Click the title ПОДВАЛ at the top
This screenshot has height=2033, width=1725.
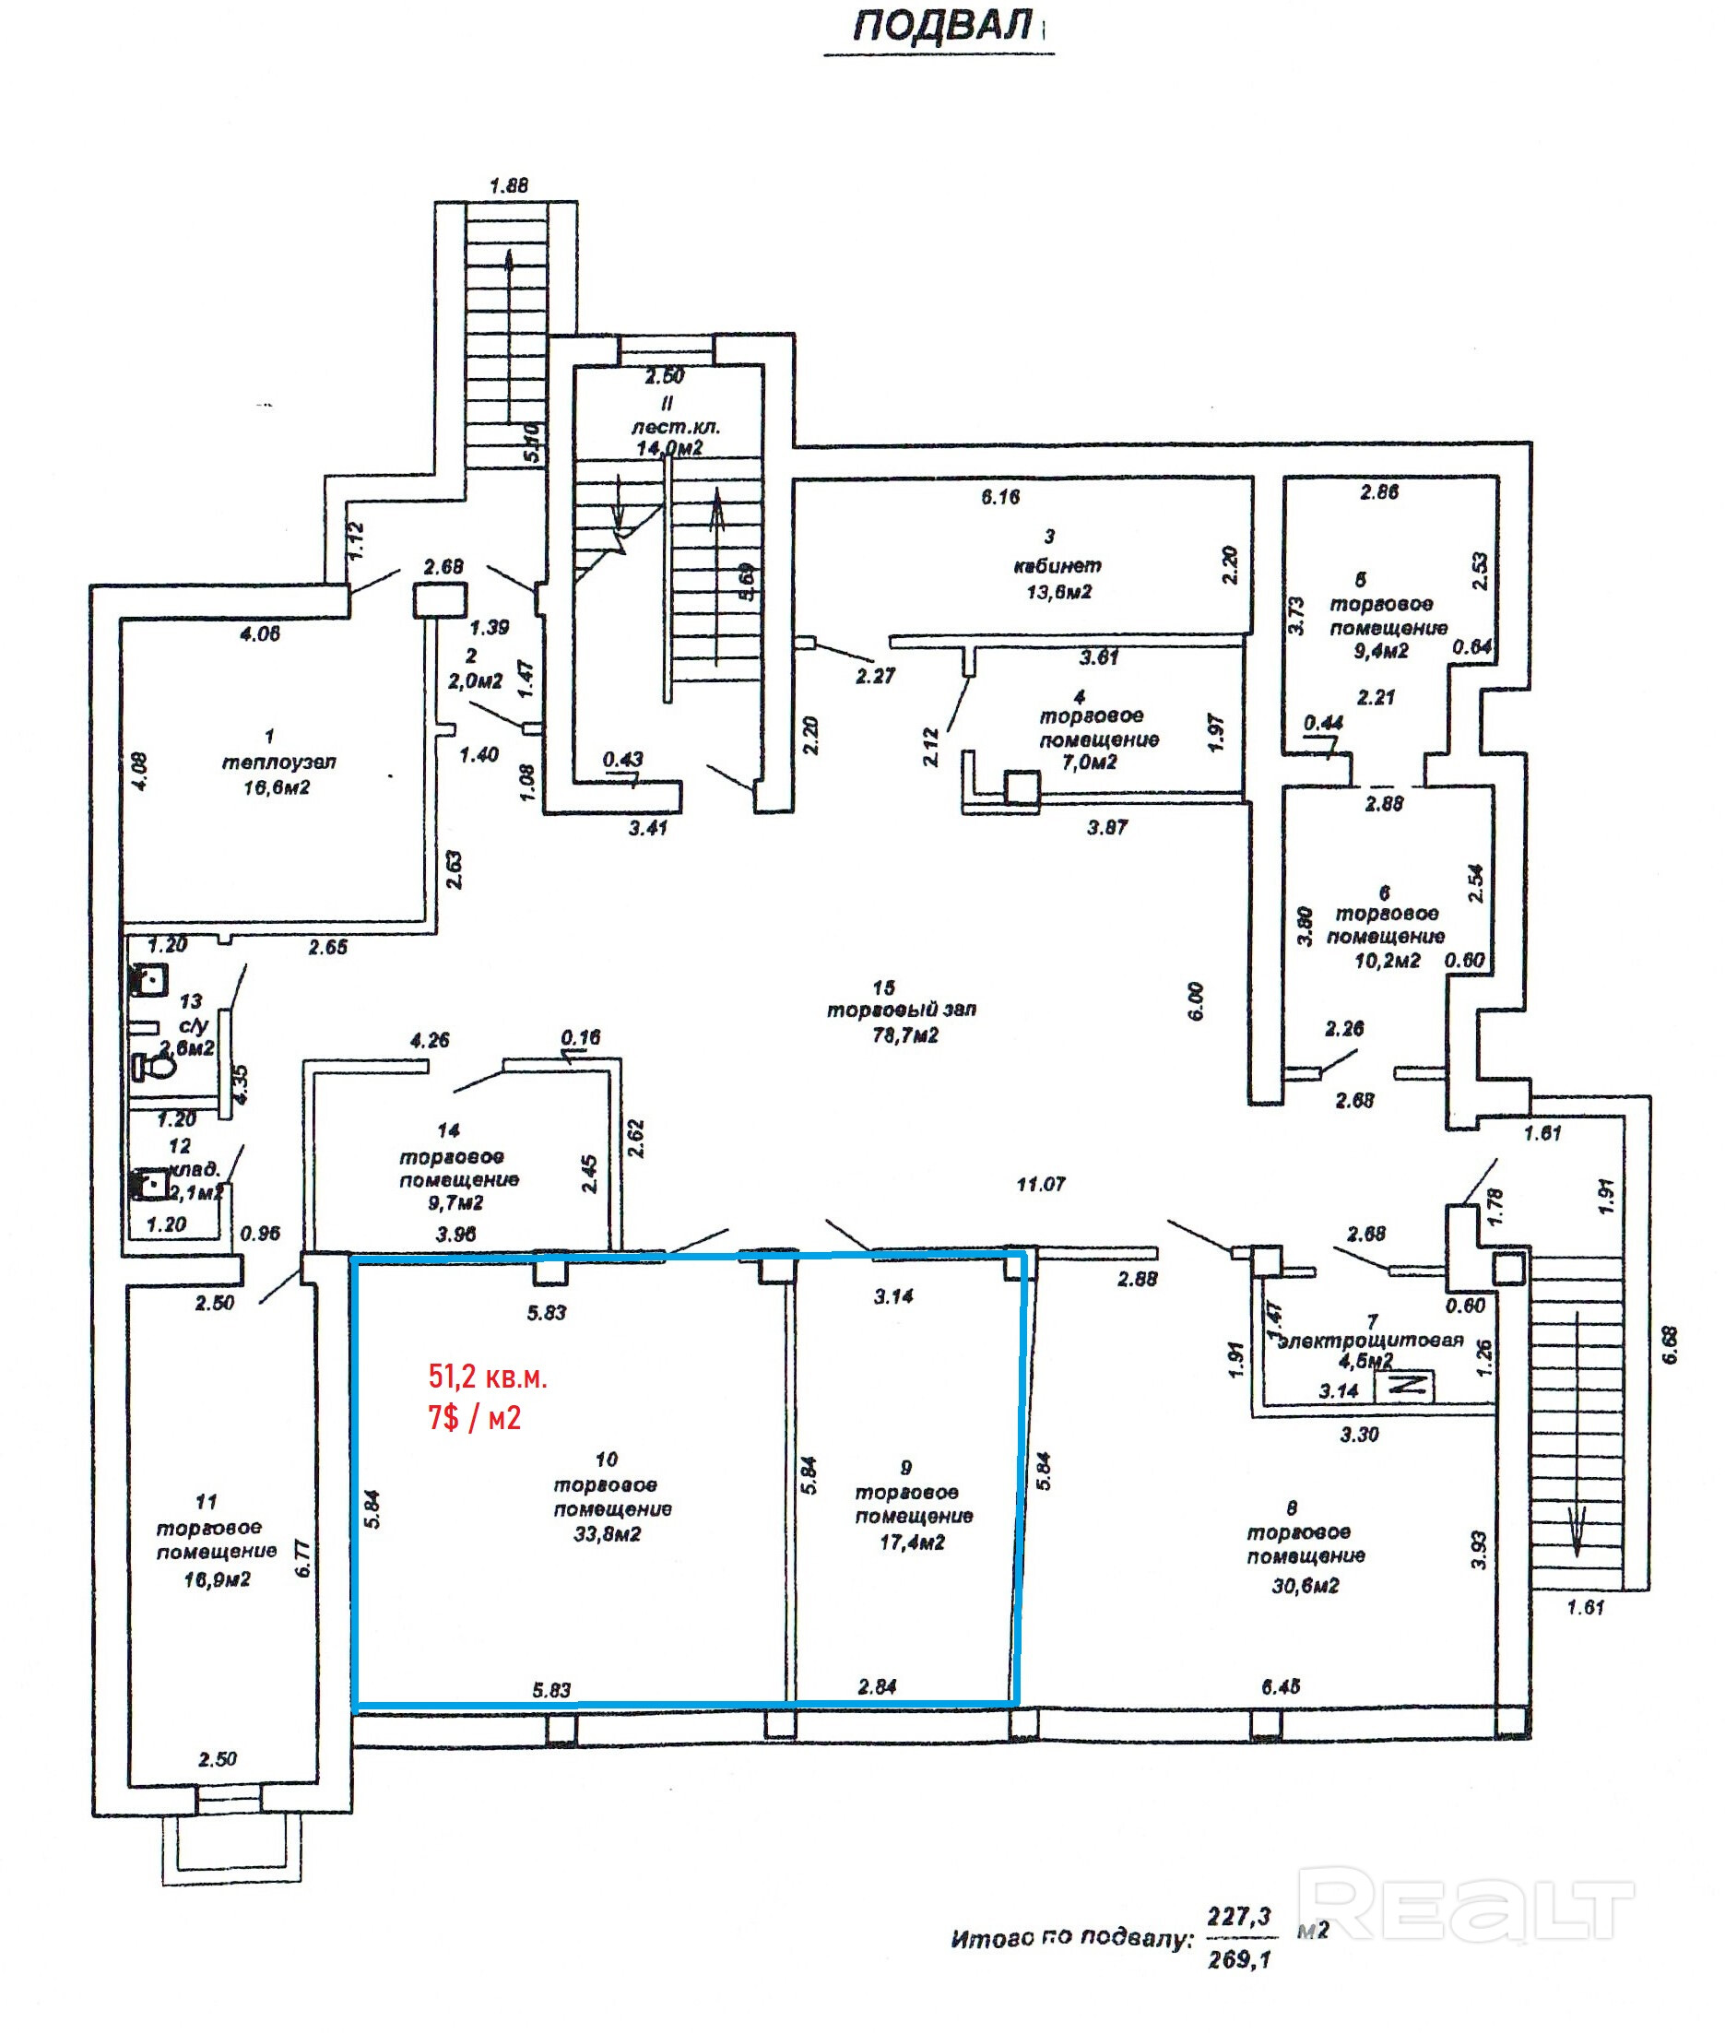941,26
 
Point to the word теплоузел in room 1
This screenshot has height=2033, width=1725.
278,762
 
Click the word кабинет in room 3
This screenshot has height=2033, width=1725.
1057,565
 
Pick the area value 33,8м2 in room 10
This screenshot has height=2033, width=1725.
608,1534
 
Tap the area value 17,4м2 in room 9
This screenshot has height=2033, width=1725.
912,1542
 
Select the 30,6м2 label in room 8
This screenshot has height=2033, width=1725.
1305,1585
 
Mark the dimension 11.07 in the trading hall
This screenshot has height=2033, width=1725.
1041,1184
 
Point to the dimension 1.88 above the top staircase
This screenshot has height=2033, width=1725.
509,184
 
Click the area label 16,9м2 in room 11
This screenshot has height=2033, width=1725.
217,1578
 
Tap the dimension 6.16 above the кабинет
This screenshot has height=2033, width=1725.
1000,497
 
